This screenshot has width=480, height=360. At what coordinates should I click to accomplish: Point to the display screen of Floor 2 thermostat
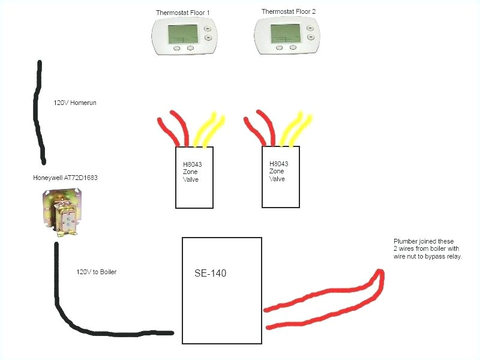pyautogui.click(x=285, y=34)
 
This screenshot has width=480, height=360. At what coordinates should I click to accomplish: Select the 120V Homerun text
pyautogui.click(x=75, y=103)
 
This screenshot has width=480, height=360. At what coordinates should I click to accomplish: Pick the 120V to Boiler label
pyautogui.click(x=96, y=272)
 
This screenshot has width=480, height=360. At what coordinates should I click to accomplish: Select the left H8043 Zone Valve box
pyautogui.click(x=194, y=178)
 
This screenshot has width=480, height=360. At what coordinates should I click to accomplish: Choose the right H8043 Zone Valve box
pyautogui.click(x=281, y=176)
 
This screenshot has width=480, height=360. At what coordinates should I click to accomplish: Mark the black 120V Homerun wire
pyautogui.click(x=40, y=114)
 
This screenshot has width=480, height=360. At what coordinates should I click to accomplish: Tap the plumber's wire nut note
pyautogui.click(x=428, y=248)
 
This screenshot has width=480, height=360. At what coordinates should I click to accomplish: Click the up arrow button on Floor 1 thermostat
pyautogui.click(x=208, y=28)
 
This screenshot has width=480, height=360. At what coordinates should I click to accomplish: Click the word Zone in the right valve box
pyautogui.click(x=277, y=171)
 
